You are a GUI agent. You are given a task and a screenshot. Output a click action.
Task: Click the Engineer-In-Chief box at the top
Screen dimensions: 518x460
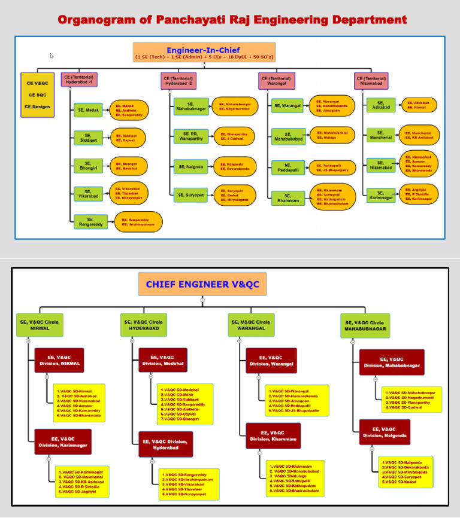(x=204, y=52)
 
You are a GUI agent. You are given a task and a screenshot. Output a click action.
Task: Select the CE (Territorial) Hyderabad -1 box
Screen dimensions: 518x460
(x=79, y=80)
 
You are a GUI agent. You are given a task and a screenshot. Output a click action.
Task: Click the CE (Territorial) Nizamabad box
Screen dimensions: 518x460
(x=371, y=80)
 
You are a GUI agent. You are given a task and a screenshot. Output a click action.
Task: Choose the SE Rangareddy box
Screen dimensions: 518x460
(x=90, y=222)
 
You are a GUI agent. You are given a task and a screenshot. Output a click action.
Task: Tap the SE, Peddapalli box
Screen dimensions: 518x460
(x=287, y=167)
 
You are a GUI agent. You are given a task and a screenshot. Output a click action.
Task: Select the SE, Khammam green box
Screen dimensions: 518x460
(x=287, y=198)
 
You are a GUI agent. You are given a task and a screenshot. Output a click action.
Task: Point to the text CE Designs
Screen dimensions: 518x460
(x=37, y=107)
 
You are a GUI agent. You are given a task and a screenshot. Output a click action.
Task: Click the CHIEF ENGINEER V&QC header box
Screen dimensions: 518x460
(x=202, y=284)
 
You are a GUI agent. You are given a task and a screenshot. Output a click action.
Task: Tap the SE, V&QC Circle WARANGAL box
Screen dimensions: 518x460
(x=250, y=325)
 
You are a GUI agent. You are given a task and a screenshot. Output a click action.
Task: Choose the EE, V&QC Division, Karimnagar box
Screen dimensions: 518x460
(x=63, y=441)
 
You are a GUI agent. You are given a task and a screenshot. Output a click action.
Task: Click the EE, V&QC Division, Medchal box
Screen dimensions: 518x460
(x=163, y=360)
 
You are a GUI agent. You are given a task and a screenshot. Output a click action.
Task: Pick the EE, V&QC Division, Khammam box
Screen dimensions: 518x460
(x=273, y=435)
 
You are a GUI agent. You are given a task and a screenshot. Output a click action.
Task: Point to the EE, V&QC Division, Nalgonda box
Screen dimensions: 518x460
(x=385, y=432)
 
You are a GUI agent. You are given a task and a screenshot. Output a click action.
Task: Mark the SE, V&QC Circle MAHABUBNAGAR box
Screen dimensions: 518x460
(x=365, y=325)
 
